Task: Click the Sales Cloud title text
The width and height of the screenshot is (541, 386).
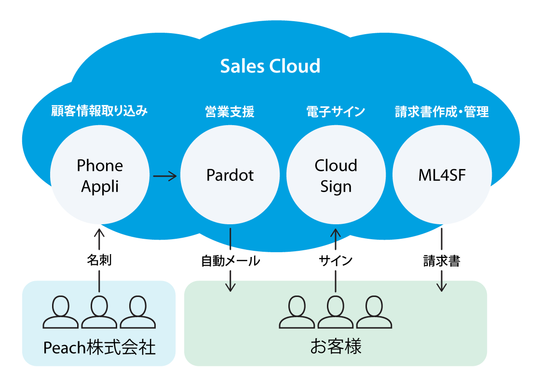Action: [x=270, y=66]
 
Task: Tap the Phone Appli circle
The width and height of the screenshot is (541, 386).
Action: [x=100, y=176]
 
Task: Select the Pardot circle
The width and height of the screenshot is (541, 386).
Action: [x=230, y=176]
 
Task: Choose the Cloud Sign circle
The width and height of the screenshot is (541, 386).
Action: [x=336, y=176]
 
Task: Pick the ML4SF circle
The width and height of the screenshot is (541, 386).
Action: [x=442, y=176]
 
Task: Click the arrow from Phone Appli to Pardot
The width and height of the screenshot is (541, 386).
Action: [x=165, y=177]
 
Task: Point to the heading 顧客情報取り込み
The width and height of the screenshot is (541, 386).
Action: [x=99, y=112]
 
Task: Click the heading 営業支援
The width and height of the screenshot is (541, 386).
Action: [x=230, y=112]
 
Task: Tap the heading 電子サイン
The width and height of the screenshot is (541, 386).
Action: [x=336, y=112]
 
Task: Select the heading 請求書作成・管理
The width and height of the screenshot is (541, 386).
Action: [x=442, y=112]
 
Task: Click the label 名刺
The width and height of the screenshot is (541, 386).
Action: [x=99, y=261]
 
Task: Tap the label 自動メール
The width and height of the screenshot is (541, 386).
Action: [x=230, y=261]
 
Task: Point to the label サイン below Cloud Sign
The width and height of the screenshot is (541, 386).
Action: [x=336, y=261]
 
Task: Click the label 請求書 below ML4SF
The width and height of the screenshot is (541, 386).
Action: [x=442, y=261]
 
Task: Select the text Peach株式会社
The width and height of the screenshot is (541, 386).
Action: [x=99, y=347]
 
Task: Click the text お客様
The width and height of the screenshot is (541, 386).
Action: [x=336, y=347]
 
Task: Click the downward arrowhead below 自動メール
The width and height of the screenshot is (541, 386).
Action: [x=230, y=287]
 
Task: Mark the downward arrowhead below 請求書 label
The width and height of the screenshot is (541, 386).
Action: [x=442, y=287]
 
